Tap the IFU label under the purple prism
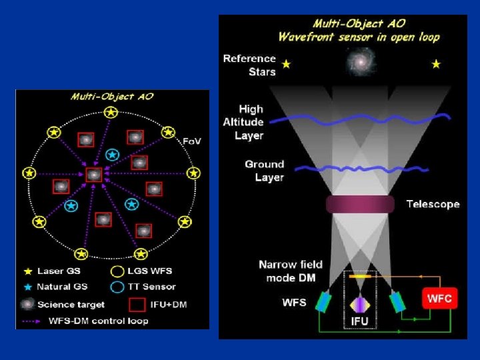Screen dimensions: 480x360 359,321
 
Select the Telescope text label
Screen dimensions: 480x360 433,204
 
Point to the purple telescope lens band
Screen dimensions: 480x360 359,204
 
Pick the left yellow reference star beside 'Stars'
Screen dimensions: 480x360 287,64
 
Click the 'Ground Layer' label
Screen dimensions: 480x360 264,171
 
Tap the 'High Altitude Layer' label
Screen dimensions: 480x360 243,122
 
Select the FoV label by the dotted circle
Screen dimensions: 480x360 192,141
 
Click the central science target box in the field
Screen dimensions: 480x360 94,174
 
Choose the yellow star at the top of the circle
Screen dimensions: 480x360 110,113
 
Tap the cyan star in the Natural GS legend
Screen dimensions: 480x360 28,287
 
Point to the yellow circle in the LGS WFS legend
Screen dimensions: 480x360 117,271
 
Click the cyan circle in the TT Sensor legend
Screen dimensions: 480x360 117,287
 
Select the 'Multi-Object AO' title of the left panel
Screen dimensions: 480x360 112,97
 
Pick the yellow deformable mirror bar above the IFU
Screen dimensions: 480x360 359,275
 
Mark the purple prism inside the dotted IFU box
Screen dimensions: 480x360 359,304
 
